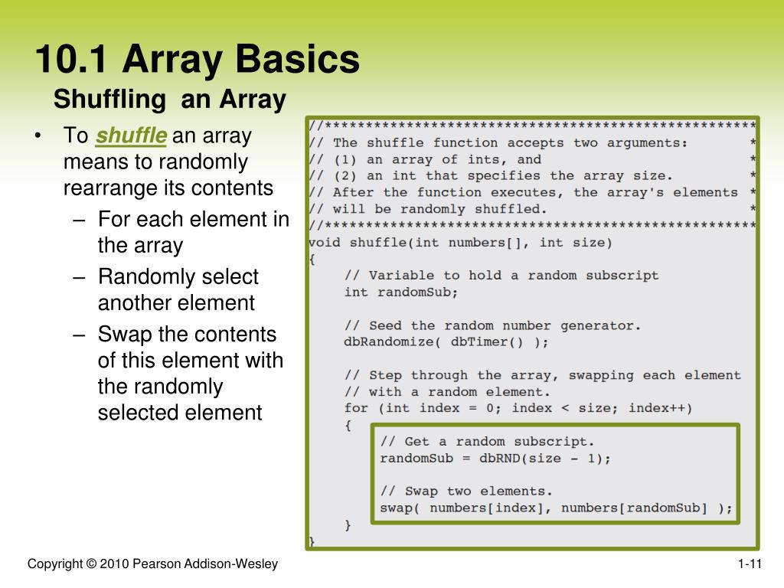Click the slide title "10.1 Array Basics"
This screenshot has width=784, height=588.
(x=197, y=60)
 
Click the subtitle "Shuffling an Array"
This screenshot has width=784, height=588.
(x=169, y=100)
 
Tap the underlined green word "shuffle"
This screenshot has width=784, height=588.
(x=131, y=136)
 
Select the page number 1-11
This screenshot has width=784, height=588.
(x=750, y=565)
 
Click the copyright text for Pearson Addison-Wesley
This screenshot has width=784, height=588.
(x=152, y=565)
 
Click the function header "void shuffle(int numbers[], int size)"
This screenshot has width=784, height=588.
(x=460, y=243)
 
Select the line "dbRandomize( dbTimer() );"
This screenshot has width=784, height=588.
(x=446, y=342)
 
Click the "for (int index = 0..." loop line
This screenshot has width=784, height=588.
(x=518, y=408)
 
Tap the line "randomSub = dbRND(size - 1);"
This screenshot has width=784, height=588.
(x=495, y=459)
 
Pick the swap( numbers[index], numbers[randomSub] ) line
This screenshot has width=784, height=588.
(x=556, y=508)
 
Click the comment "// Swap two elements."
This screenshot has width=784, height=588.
(x=465, y=491)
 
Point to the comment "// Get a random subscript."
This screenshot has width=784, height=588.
(x=487, y=442)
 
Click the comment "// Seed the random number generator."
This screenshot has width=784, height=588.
(x=492, y=325)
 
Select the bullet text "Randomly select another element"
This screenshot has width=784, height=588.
(x=178, y=289)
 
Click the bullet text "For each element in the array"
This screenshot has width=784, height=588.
(x=193, y=233)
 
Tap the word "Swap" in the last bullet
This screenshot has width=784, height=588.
(x=125, y=335)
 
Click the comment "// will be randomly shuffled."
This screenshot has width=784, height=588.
(x=428, y=209)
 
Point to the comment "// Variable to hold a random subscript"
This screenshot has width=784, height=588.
(x=501, y=275)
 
